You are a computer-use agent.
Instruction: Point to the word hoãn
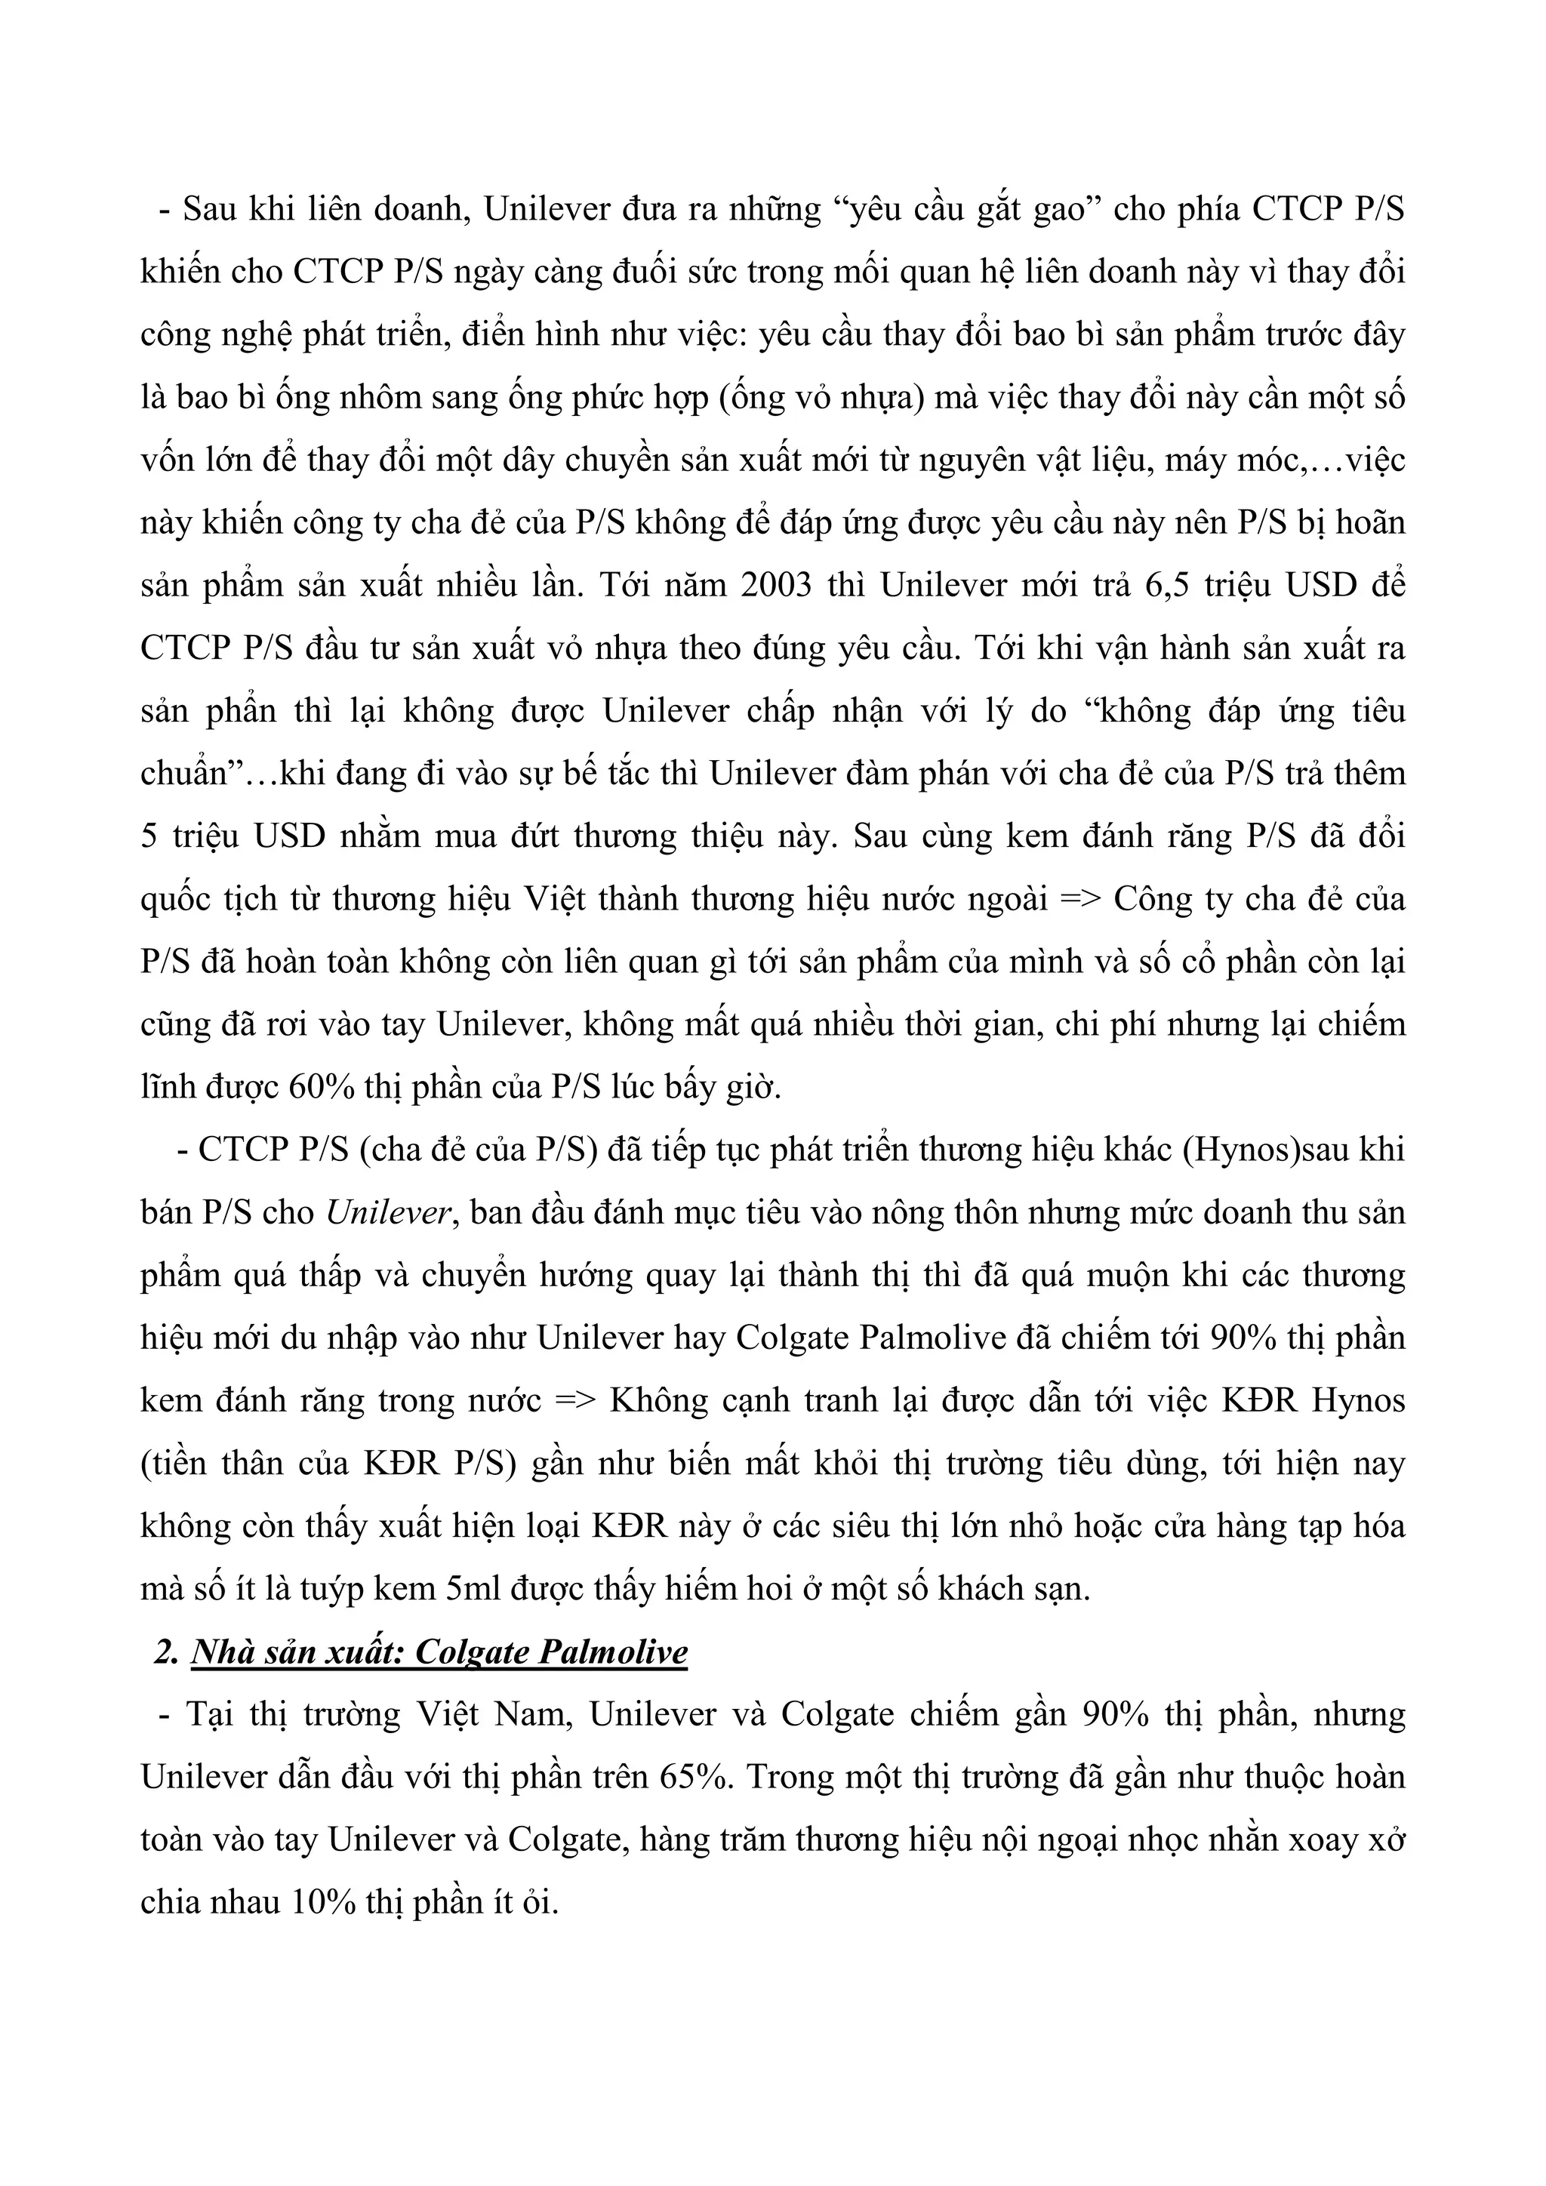pyautogui.click(x=1371, y=522)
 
